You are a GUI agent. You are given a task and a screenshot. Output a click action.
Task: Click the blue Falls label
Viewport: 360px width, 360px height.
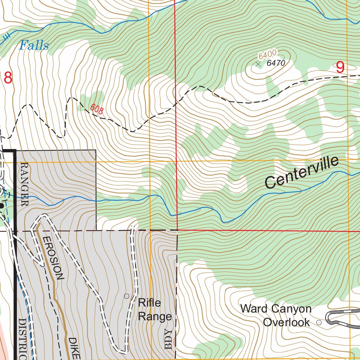click(34, 45)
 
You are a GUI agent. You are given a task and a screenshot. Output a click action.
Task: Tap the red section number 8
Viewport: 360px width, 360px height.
click(8, 78)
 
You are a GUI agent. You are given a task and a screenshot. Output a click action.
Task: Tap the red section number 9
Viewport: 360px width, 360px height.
click(340, 67)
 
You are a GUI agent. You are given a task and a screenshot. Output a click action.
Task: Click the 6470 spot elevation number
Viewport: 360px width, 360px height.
click(276, 63)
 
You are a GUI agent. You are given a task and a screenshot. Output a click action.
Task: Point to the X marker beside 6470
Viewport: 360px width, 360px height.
click(258, 64)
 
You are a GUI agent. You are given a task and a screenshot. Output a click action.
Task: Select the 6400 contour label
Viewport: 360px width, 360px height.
click(267, 54)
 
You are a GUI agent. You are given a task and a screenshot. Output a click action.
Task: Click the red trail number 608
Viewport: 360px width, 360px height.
click(97, 109)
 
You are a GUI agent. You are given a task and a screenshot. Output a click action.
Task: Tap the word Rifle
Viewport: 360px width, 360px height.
click(149, 303)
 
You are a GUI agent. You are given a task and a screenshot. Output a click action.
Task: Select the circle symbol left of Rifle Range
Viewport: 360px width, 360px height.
click(127, 296)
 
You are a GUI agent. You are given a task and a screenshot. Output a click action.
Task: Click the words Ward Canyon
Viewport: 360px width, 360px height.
click(276, 309)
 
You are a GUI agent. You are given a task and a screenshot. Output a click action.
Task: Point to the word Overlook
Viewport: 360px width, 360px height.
click(287, 322)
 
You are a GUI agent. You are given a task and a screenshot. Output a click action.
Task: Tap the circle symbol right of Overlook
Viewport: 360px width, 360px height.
click(319, 322)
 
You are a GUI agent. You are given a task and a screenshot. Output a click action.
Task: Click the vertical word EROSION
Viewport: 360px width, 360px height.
click(53, 258)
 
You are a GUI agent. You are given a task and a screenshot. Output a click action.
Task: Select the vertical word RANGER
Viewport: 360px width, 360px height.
click(24, 184)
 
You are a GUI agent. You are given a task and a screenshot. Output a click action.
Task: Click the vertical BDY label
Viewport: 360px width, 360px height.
click(169, 340)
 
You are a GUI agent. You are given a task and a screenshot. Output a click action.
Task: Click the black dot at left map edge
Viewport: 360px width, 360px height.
click(2, 206)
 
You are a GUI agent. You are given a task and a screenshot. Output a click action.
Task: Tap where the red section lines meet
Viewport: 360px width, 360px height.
click(177, 231)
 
